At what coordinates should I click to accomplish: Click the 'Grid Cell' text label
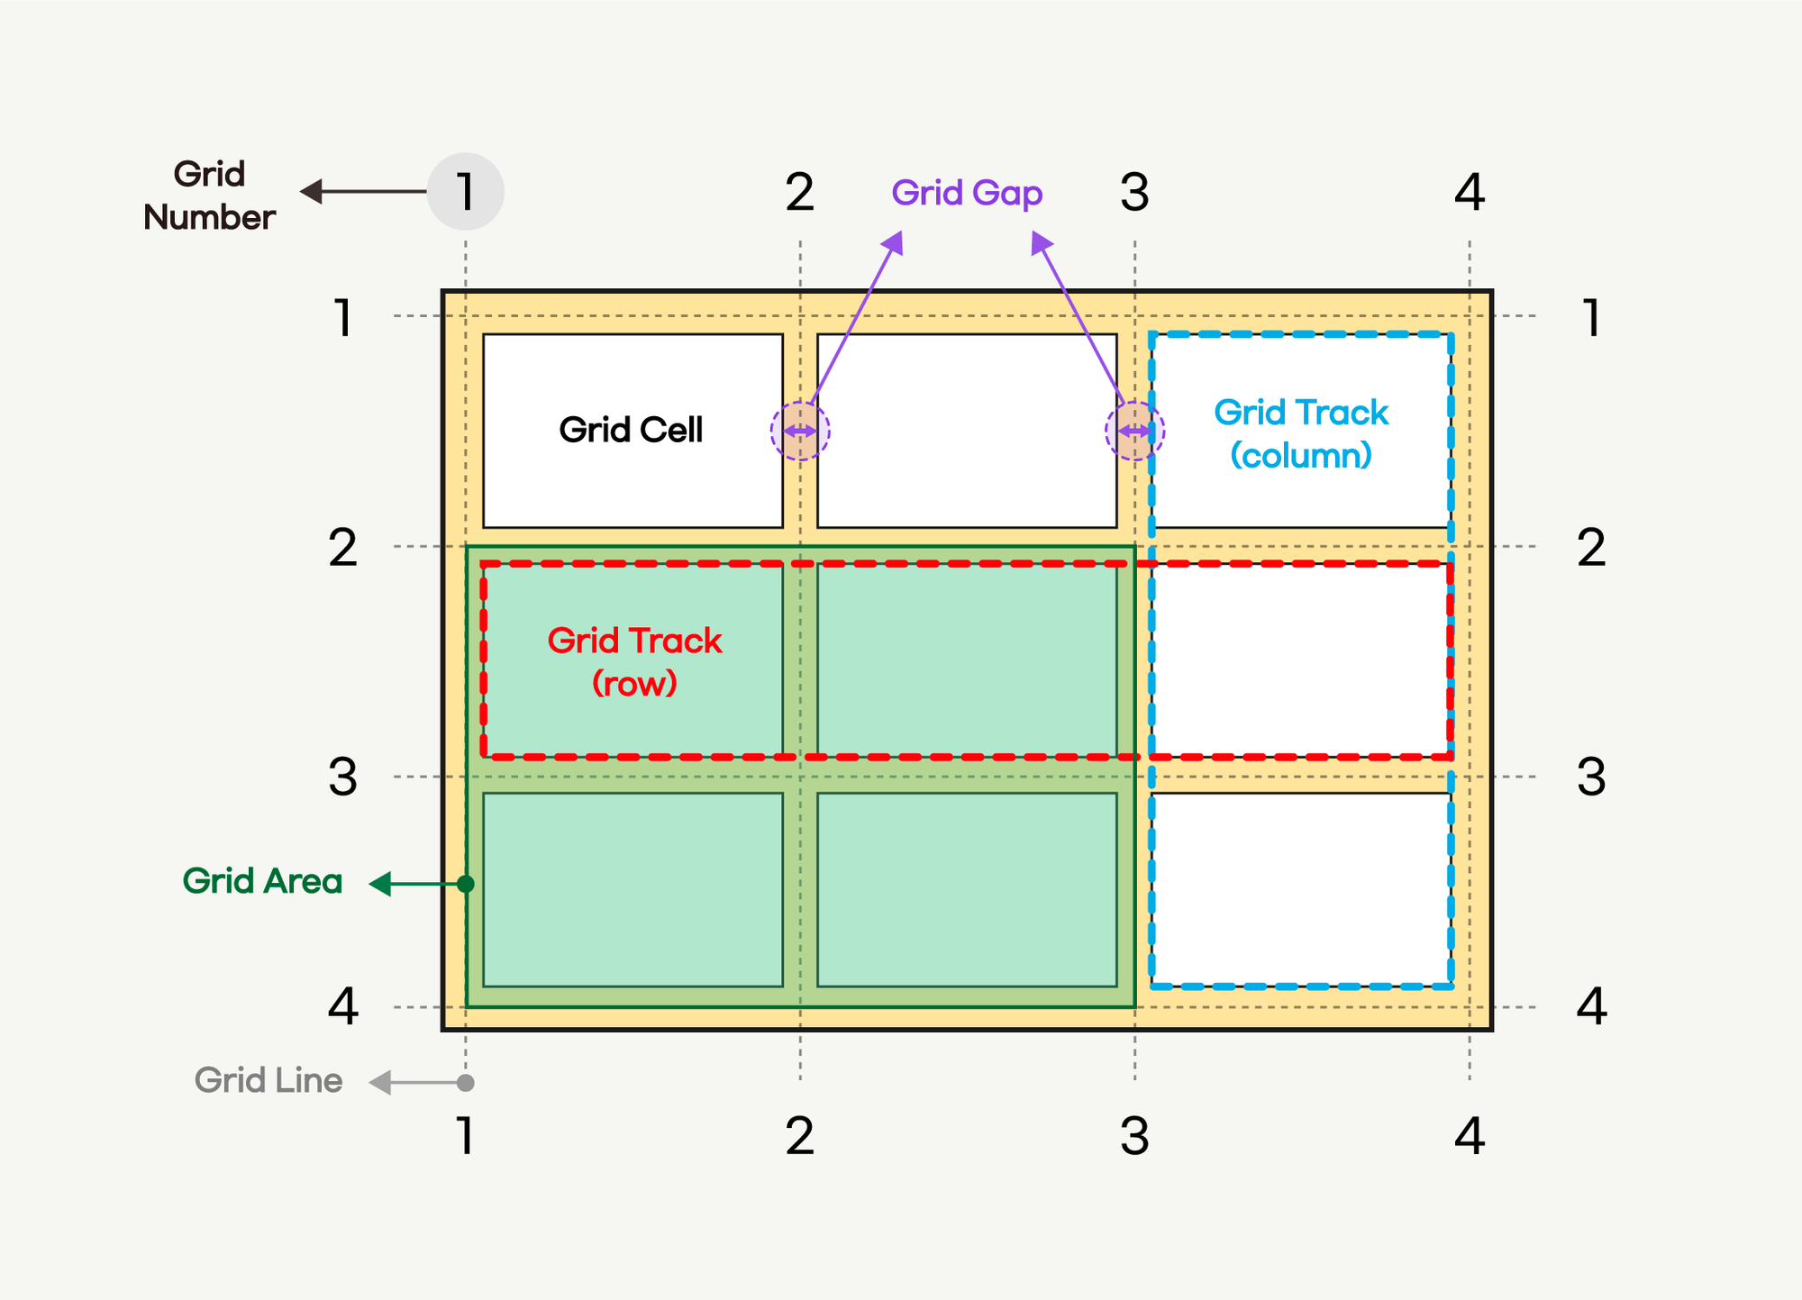tap(631, 430)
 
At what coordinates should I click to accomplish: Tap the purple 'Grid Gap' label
tap(967, 193)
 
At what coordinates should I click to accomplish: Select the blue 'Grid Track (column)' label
tap(1301, 433)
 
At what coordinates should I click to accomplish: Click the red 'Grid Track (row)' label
tap(634, 661)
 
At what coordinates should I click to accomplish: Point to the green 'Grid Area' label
tap(262, 881)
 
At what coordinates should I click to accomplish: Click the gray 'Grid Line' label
tap(268, 1080)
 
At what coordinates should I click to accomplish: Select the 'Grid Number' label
tap(209, 195)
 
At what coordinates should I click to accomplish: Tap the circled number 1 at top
tap(465, 192)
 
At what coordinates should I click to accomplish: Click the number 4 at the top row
tap(1470, 192)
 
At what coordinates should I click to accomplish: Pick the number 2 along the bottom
tap(800, 1136)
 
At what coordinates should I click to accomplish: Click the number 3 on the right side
tap(1591, 777)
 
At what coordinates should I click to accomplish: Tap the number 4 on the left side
tap(343, 1006)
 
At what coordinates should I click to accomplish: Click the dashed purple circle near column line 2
tap(800, 432)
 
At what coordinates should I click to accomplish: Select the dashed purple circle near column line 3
tap(1134, 432)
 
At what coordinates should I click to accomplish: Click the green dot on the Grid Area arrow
tap(465, 884)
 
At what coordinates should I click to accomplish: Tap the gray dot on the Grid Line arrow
tap(465, 1082)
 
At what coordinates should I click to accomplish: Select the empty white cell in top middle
tap(967, 431)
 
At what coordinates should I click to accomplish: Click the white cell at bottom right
tap(1301, 889)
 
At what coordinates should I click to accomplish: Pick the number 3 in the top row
tap(1134, 192)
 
